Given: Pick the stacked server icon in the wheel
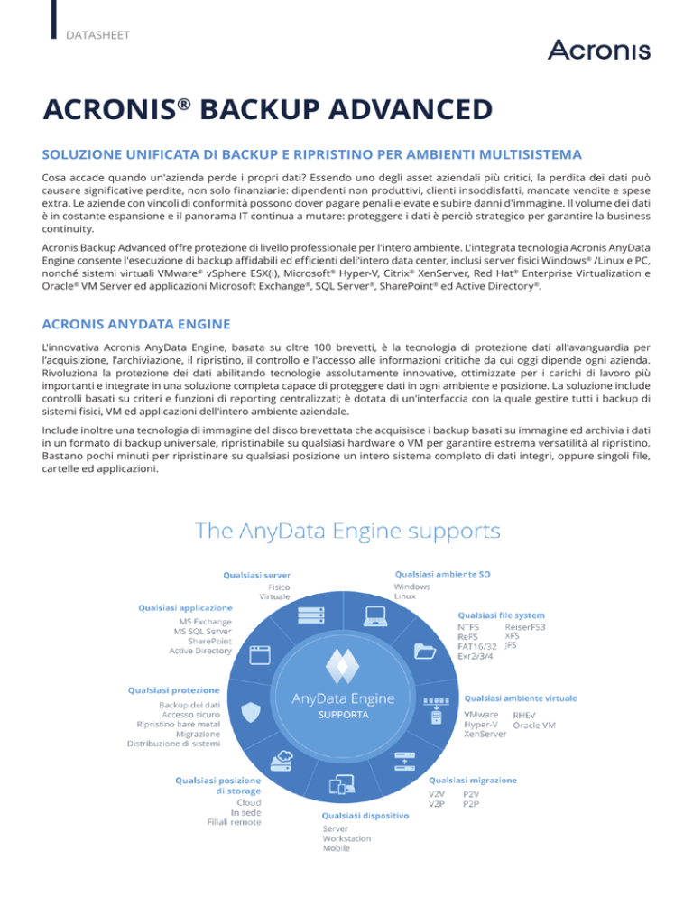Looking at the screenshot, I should [310, 616].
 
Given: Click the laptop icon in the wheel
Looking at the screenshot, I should [376, 616].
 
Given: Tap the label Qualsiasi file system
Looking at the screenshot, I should [500, 614].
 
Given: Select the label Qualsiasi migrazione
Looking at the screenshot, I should [473, 779].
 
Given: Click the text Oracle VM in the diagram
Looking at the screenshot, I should [535, 725].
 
